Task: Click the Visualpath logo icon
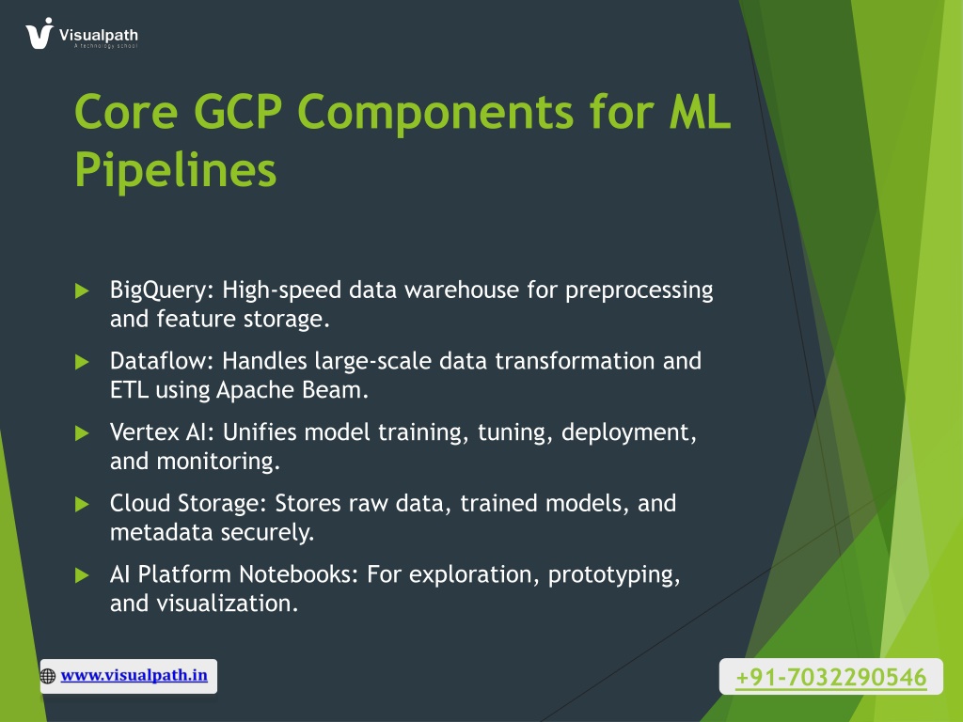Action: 39,33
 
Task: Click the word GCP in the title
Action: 238,112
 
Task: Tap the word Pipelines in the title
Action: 176,170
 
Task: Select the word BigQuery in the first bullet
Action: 162,290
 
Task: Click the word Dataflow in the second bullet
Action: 162,361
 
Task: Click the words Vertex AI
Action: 162,432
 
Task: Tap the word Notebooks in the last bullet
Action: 298,574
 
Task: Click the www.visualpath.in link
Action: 134,675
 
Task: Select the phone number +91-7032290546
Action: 831,677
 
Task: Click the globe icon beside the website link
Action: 47,676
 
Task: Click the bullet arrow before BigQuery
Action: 82,291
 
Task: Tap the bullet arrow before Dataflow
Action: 82,362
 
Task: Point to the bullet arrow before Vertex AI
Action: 82,433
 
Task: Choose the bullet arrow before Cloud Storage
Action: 82,505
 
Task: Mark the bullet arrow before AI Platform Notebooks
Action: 82,576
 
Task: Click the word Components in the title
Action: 435,113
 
